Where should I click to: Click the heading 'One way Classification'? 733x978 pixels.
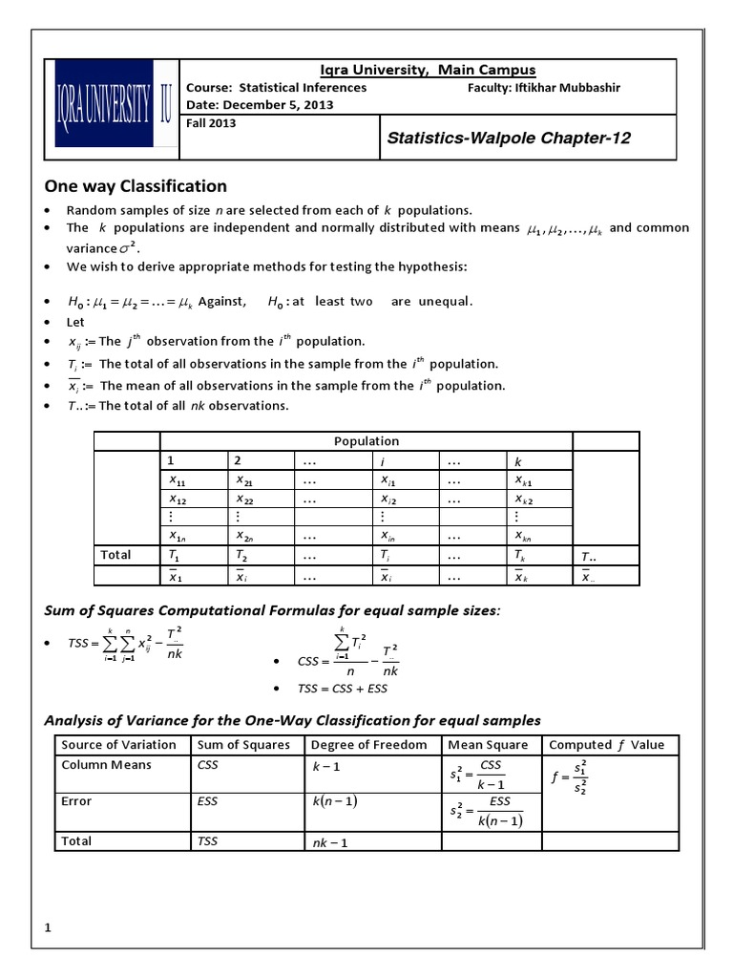coord(136,186)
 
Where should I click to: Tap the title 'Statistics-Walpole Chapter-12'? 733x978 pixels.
coord(509,138)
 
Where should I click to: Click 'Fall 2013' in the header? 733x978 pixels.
coord(211,122)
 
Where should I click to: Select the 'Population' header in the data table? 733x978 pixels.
coord(366,441)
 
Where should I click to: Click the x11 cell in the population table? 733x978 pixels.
coord(178,479)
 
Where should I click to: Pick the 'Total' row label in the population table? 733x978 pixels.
coord(115,555)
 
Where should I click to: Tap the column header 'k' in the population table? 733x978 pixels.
coord(519,461)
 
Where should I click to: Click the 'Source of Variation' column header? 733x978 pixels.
coord(118,745)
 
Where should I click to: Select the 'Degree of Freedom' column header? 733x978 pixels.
coord(369,745)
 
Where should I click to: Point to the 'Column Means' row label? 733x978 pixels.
coord(106,765)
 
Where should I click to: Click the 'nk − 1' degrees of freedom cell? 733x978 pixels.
coord(330,842)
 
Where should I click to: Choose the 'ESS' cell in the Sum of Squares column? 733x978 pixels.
coord(207,801)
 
